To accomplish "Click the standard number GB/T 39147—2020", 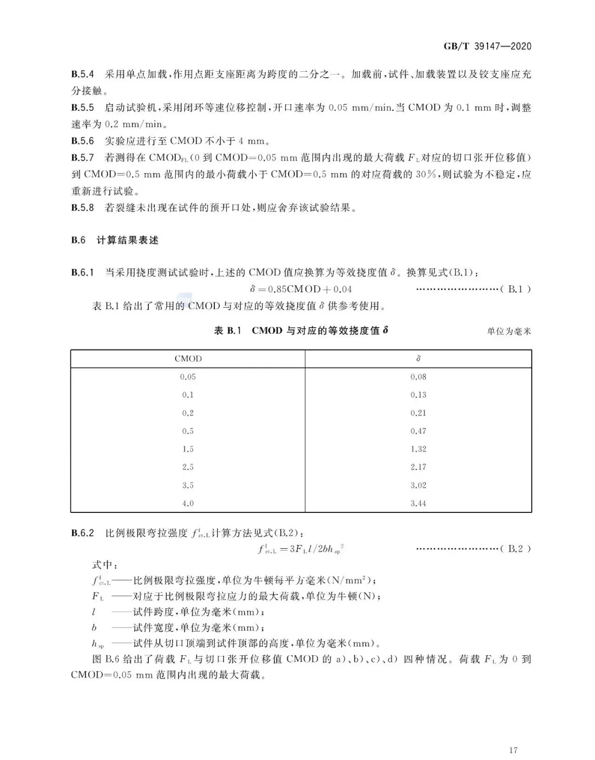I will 488,46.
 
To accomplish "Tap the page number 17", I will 513,750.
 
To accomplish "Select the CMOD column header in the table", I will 188,358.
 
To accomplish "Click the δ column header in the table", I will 418,358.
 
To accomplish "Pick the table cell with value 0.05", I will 188,377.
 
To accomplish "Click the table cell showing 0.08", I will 418,377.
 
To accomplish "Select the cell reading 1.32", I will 418,449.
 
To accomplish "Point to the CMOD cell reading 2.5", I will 188,467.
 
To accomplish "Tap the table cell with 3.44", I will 418,503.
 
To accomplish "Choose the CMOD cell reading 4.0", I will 188,503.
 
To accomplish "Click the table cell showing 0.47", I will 418,431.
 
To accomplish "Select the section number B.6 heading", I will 78,240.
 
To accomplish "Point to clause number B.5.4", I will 83,74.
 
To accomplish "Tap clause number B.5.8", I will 83,208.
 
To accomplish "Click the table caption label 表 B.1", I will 228,331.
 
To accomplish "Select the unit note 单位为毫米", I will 509,331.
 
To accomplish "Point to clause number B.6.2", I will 83,533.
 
